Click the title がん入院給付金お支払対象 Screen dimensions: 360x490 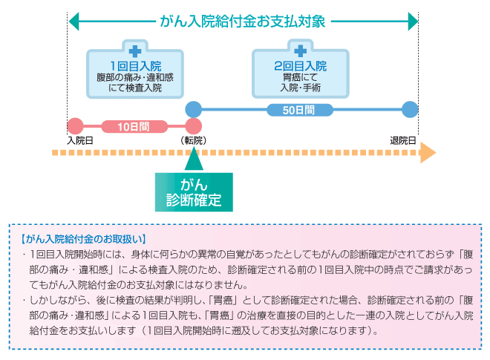[242, 21]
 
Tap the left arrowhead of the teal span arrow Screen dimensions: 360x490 [73, 21]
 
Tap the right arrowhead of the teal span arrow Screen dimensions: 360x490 [413, 21]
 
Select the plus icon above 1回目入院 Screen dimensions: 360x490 [135, 51]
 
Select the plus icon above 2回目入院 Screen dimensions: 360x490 [300, 51]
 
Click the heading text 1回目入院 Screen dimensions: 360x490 [135, 65]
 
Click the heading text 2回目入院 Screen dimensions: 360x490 [300, 65]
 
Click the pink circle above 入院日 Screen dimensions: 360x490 [74, 125]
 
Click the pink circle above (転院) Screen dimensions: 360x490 [194, 125]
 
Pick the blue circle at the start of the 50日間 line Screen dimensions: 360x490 [193, 109]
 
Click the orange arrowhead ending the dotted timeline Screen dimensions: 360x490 [427, 154]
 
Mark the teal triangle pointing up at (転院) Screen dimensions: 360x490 [193, 160]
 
